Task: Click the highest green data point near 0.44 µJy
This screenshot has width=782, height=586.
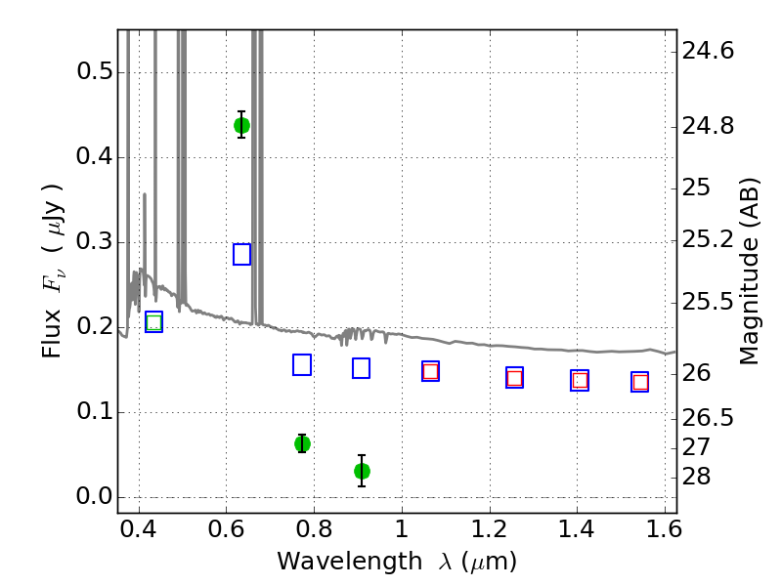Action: click(241, 126)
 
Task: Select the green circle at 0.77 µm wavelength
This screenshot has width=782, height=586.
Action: click(302, 443)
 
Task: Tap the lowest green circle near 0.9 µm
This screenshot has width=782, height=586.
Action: click(362, 471)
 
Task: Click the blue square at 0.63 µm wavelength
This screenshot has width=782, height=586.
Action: click(241, 254)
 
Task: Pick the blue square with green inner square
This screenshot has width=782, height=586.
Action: click(154, 322)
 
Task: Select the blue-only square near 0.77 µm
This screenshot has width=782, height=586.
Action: click(302, 364)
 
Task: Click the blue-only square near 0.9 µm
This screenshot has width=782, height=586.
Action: click(361, 368)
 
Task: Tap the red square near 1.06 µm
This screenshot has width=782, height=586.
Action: click(430, 371)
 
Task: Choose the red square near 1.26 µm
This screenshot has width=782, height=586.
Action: click(515, 378)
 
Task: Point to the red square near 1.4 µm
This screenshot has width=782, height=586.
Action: click(580, 381)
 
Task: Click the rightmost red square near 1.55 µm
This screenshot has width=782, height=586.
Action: click(640, 382)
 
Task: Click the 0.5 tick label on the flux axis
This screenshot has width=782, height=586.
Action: click(94, 71)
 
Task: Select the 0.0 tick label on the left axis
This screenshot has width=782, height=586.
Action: click(94, 497)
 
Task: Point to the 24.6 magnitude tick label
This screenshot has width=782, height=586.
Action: click(708, 51)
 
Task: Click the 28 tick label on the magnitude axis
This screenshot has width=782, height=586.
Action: click(696, 477)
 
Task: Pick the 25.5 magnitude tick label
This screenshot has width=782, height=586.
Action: click(708, 302)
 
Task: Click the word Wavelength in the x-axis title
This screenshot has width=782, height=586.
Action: click(350, 562)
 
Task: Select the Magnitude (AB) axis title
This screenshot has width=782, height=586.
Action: click(749, 272)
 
